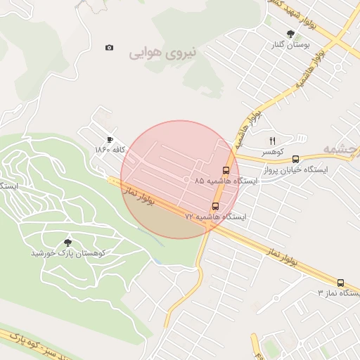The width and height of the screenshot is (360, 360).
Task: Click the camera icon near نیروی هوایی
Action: pos(109,48)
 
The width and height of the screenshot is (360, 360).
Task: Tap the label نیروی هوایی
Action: pos(163,52)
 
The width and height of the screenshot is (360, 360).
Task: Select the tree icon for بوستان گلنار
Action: pos(290,33)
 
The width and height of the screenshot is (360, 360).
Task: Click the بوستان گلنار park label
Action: pos(290,44)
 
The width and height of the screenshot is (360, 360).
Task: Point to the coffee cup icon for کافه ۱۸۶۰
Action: pos(110,139)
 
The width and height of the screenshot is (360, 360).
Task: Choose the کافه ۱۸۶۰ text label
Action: pos(110,150)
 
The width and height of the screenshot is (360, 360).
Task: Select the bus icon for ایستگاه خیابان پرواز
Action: pos(295,160)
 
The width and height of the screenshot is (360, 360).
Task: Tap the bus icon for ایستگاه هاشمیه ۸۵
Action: pos(226,170)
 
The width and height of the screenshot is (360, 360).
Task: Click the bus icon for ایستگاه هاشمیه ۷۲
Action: pos(215,206)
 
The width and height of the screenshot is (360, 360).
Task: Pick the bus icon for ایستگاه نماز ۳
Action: pos(341,282)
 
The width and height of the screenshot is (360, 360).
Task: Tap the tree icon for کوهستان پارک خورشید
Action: pos(67,243)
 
